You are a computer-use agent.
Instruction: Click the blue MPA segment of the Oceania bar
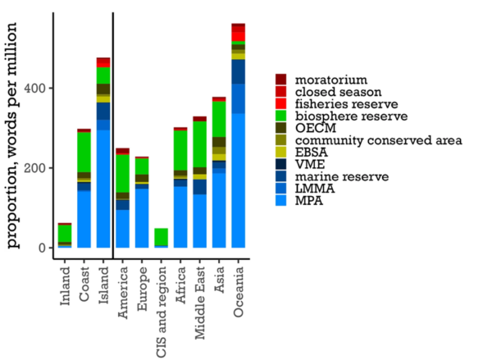(238, 180)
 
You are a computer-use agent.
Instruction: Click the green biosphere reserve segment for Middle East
(199, 144)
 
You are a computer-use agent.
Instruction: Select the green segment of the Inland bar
(65, 233)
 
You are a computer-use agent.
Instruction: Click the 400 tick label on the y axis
(38, 88)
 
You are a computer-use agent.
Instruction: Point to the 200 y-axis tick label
(38, 168)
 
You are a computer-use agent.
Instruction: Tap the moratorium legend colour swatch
(280, 80)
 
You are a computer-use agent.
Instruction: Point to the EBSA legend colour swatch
(280, 152)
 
